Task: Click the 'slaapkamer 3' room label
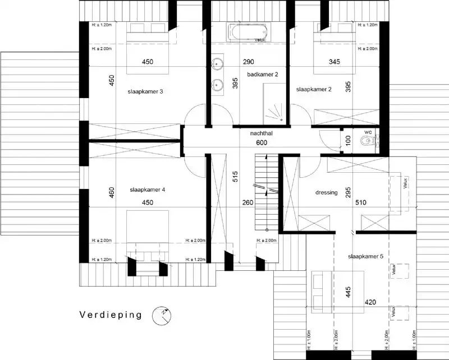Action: click(x=146, y=91)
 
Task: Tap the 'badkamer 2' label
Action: click(x=263, y=74)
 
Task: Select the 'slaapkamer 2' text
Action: click(x=314, y=89)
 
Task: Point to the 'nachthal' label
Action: click(x=261, y=134)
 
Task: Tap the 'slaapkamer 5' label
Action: click(x=365, y=256)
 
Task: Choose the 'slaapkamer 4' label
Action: click(x=147, y=190)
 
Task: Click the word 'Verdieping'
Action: click(x=110, y=315)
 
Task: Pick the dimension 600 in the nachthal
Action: click(x=262, y=143)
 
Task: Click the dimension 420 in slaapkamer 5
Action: click(x=370, y=303)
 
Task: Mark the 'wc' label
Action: click(x=368, y=132)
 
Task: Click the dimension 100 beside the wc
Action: click(x=348, y=140)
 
